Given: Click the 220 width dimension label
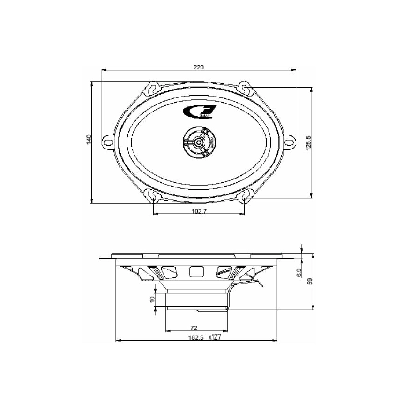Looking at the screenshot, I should pyautogui.click(x=199, y=67).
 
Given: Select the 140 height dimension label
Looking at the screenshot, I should pyautogui.click(x=89, y=140).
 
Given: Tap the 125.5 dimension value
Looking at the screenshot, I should pyautogui.click(x=308, y=142).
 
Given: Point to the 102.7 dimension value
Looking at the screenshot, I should pyautogui.click(x=199, y=211).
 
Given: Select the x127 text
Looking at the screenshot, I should pyautogui.click(x=215, y=336).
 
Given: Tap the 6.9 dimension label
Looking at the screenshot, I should pyautogui.click(x=299, y=273).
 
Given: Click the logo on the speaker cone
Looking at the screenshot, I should pyautogui.click(x=199, y=112).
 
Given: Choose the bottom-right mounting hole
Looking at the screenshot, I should pyautogui.click(x=245, y=196).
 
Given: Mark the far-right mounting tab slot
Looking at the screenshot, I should pyautogui.click(x=290, y=142).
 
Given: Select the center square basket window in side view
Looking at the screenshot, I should pyautogui.click(x=194, y=271).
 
